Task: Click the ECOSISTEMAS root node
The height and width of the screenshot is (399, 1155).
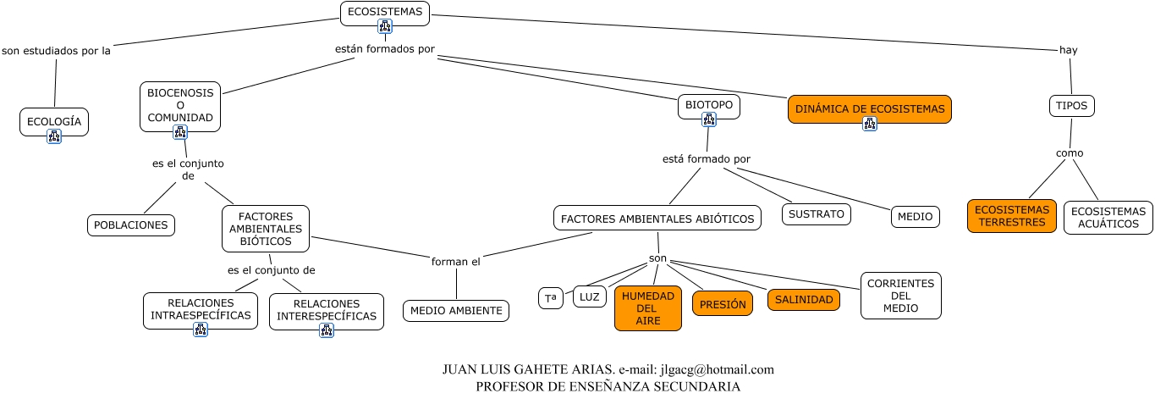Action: point(385,11)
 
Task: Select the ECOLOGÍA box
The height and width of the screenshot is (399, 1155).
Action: point(54,121)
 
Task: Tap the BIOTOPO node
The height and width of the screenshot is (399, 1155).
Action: point(709,106)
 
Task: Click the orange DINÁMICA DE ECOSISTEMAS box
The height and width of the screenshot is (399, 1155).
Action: point(870,108)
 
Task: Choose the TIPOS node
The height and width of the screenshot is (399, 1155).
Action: point(1072,106)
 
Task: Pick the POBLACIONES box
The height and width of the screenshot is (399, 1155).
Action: point(131,224)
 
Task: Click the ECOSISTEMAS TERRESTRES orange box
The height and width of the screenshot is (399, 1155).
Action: point(1012,216)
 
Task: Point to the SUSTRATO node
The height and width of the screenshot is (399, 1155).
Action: point(816,214)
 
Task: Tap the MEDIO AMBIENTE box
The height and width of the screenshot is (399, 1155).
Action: point(456,311)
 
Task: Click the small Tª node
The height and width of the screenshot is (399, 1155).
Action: point(550,298)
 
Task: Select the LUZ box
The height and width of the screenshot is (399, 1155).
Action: point(590,296)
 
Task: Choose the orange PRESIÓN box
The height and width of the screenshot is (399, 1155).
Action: point(722,303)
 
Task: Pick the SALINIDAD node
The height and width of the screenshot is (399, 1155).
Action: point(804,299)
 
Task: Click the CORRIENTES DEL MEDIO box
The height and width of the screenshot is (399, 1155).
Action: point(900,296)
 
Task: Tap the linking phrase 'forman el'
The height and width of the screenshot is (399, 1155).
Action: point(456,262)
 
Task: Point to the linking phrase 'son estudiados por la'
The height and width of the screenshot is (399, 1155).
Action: point(57,50)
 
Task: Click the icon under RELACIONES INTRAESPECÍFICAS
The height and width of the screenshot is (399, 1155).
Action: point(201,330)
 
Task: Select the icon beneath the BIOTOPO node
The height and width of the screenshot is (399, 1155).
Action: point(709,119)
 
